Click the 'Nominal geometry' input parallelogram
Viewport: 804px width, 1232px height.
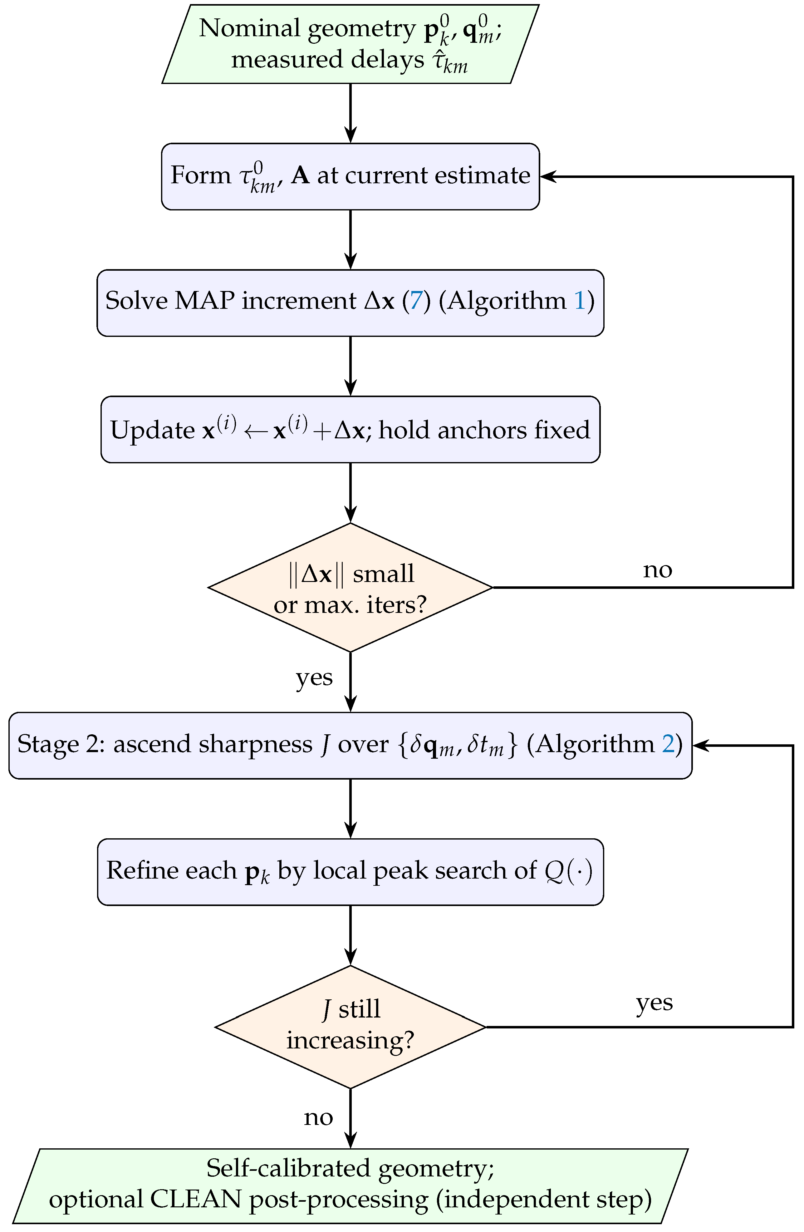pyautogui.click(x=350, y=44)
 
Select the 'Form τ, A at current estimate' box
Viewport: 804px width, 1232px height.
pyautogui.click(x=350, y=176)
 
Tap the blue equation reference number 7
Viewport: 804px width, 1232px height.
pyautogui.click(x=416, y=301)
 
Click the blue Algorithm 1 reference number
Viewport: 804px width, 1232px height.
pyautogui.click(x=580, y=301)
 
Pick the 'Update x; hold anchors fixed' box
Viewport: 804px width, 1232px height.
pyautogui.click(x=350, y=430)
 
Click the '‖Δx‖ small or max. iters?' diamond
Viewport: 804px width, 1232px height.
pyautogui.click(x=350, y=588)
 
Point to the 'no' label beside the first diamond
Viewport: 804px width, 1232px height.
pyautogui.click(x=658, y=570)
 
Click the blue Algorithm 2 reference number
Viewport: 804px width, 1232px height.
pyautogui.click(x=669, y=744)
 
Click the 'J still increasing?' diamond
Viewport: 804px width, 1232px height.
pyautogui.click(x=350, y=1027)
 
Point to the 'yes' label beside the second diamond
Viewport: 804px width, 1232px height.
pyautogui.click(x=654, y=1003)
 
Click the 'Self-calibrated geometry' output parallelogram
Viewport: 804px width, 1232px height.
pyautogui.click(x=350, y=1186)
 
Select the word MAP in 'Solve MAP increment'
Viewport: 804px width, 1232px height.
pyautogui.click(x=204, y=301)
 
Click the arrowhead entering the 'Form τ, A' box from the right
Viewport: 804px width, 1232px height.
pyautogui.click(x=547, y=176)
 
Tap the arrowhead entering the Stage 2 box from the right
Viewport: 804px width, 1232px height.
pyautogui.click(x=700, y=745)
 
